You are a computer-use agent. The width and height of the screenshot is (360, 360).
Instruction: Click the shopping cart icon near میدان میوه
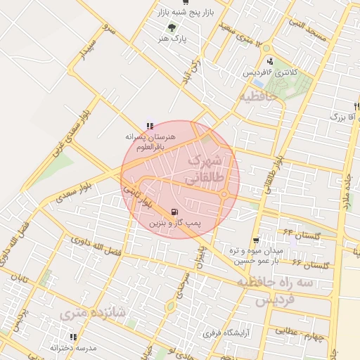(x=256, y=239)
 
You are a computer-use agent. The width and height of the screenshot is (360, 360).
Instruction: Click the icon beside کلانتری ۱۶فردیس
(x=269, y=61)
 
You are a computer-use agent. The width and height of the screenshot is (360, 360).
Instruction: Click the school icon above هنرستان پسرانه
(x=148, y=125)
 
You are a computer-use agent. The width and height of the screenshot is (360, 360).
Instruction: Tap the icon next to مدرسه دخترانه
(x=53, y=347)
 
